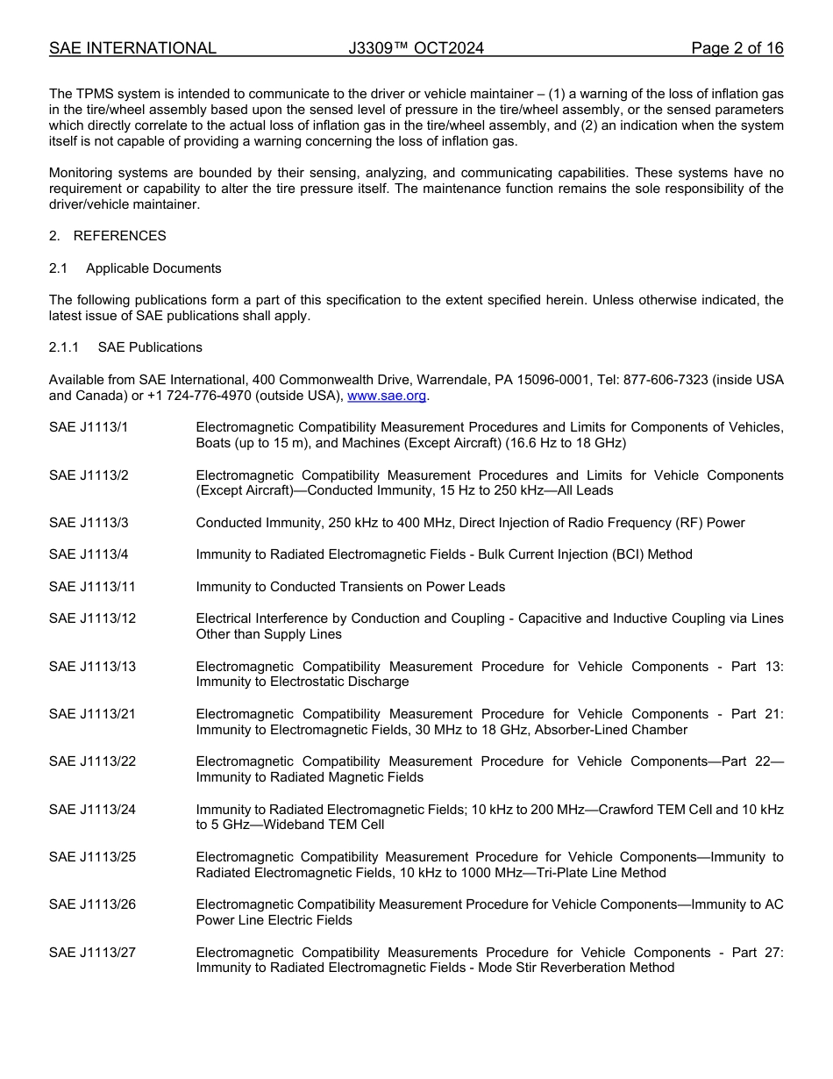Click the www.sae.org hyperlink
click(387, 396)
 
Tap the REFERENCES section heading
click(119, 236)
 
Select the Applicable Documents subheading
click(153, 268)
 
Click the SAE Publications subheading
click(150, 347)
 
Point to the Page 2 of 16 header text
click(737, 48)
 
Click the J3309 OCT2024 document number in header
click(416, 48)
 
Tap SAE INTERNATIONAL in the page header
click(132, 48)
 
